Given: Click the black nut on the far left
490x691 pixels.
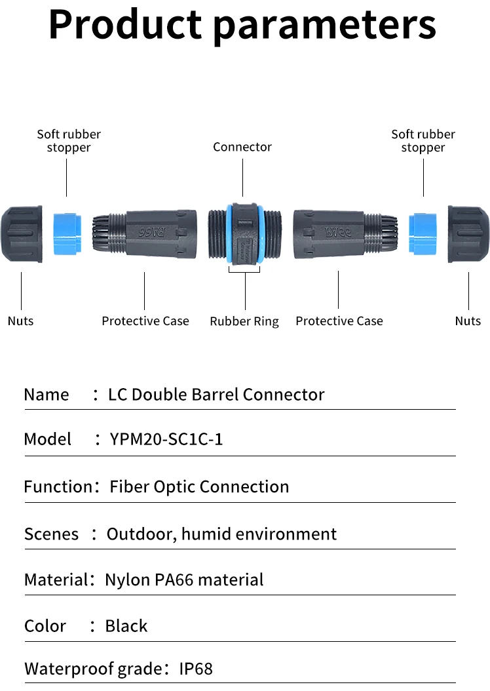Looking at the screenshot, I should coord(22,234).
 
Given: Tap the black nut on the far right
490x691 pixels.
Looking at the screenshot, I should coord(468,234).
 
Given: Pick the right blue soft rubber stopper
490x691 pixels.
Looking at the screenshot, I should coord(423,233).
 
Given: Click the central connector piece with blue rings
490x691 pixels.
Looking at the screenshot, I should coord(244,234).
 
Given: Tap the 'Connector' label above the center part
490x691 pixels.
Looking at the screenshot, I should coord(242,147).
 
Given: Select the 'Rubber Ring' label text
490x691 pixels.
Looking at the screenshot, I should coord(244,321).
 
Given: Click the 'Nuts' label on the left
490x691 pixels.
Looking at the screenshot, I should coord(20,321).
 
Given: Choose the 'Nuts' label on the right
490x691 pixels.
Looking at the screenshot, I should coord(468,321).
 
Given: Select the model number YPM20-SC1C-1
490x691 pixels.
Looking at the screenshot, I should coord(166,439).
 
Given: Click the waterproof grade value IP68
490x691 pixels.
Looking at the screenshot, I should coord(196,669).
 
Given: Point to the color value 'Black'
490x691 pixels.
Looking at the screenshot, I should coord(126,626).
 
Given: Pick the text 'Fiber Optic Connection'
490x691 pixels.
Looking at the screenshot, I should coord(199,486).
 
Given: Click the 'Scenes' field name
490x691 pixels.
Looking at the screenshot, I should coord(51,534).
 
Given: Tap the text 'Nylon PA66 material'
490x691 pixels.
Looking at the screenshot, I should coord(184,580).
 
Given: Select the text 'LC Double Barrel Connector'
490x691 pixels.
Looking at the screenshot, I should coord(216,395).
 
